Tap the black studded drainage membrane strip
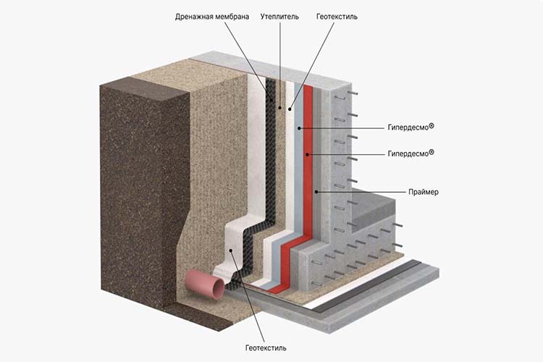[x=271, y=159]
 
